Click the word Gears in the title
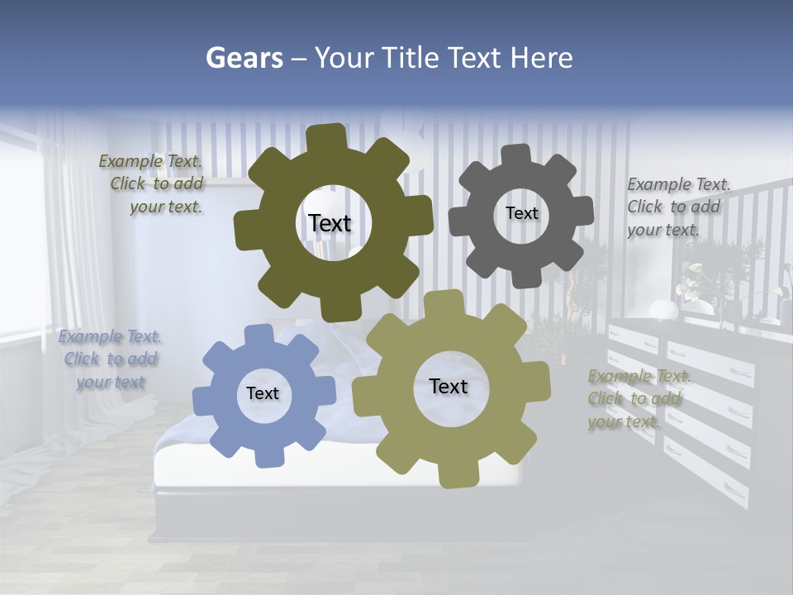[245, 58]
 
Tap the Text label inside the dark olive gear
[330, 223]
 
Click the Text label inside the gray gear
[521, 213]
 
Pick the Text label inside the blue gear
[263, 393]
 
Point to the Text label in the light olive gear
[449, 386]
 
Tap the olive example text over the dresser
[637, 399]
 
